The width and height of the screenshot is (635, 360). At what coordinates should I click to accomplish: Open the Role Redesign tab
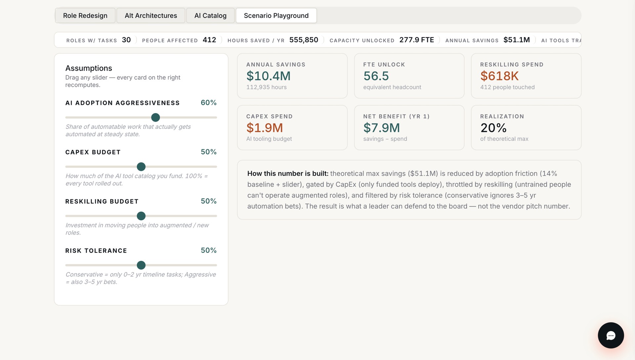tap(85, 16)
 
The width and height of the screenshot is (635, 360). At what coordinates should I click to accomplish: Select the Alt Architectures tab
tap(151, 16)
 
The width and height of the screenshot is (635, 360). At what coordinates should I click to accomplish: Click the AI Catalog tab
tap(210, 16)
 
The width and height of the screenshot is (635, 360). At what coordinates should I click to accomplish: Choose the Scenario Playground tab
tap(276, 16)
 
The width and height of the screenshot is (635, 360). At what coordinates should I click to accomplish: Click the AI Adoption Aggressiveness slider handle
tap(155, 117)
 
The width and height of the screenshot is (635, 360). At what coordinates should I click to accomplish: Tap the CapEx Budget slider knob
tap(141, 167)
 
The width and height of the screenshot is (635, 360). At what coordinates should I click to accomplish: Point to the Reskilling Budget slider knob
tap(141, 216)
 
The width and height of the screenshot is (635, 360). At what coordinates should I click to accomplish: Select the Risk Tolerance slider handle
tap(141, 265)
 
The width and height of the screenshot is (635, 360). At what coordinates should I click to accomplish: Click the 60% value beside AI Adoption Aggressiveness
tap(209, 102)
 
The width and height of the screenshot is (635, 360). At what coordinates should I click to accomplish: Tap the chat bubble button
tap(611, 336)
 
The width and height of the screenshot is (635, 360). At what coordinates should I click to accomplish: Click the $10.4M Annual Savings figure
tap(269, 76)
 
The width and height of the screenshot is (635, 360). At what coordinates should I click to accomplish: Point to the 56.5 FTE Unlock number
tap(376, 76)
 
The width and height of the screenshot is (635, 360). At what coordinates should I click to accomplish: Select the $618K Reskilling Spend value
tap(499, 76)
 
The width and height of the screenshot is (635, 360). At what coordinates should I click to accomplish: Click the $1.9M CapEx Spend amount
tap(265, 128)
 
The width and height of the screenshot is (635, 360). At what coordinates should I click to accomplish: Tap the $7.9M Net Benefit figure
tap(382, 128)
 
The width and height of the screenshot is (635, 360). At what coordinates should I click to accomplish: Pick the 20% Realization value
tap(493, 128)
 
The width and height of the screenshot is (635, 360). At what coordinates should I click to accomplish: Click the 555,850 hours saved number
tap(304, 40)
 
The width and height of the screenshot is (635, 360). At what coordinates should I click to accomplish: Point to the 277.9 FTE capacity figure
tap(417, 40)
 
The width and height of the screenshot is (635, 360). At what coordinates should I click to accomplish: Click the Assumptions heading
tap(89, 68)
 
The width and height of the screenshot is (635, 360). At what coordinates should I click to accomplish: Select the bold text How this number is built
tap(288, 174)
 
